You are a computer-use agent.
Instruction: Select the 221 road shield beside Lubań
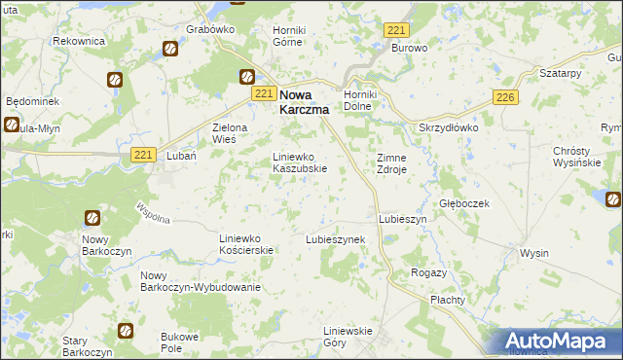point(143,155)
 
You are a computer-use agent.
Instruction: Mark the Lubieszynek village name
point(335,238)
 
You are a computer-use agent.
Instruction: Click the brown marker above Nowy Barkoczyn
point(92,219)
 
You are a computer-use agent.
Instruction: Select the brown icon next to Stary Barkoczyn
point(125,331)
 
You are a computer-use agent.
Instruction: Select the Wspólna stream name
point(154,212)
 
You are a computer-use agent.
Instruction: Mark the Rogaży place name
point(428,272)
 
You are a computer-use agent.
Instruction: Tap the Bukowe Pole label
point(179,341)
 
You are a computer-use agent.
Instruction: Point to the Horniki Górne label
point(289,36)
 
